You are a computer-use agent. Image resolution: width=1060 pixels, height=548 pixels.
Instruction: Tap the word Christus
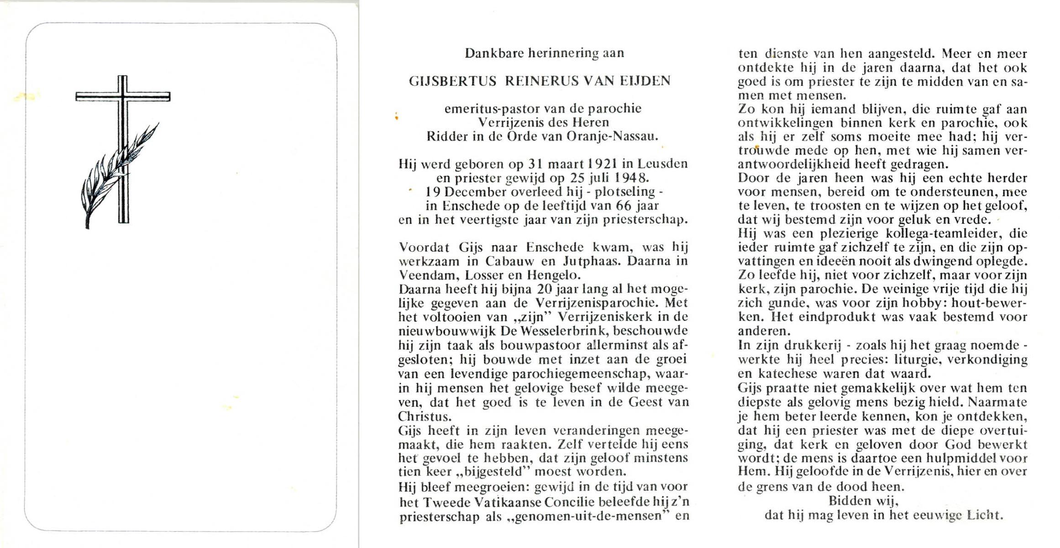coord(418,416)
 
